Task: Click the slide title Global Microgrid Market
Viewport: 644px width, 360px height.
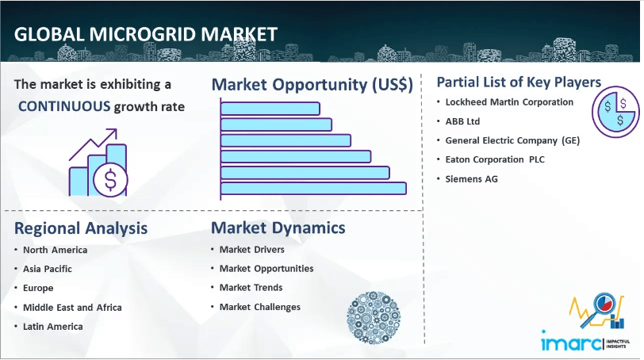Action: tap(146, 34)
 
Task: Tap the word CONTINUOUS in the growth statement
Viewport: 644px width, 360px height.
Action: tap(64, 106)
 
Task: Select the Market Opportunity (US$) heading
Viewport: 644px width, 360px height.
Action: tap(312, 85)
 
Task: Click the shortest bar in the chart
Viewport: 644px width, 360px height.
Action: tap(270, 109)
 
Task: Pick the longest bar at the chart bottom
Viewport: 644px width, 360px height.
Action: tap(314, 189)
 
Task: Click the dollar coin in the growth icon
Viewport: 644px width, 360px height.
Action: tap(110, 179)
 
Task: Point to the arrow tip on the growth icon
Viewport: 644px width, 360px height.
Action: tap(116, 130)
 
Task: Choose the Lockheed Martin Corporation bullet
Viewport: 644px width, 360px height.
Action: tap(509, 102)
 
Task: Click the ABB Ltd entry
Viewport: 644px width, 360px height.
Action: tap(462, 121)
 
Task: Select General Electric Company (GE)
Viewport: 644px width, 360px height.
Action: tap(512, 140)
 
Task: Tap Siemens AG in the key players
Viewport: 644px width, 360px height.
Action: tap(471, 179)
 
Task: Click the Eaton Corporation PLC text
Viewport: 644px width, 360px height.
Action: tap(495, 159)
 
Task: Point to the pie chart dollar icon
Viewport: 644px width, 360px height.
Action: tap(615, 112)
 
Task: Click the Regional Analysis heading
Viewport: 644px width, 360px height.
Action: tap(81, 228)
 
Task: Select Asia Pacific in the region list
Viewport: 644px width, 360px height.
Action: tap(48, 269)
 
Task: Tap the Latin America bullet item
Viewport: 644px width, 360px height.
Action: tap(53, 327)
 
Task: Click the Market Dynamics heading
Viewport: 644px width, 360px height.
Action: tap(278, 228)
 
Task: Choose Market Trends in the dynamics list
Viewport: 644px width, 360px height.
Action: tap(251, 288)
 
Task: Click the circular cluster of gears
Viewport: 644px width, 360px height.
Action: tap(374, 318)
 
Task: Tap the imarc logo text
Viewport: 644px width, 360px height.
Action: tap(571, 343)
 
